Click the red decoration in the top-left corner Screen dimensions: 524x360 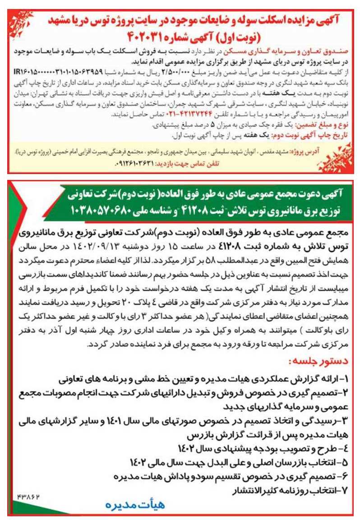17,18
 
